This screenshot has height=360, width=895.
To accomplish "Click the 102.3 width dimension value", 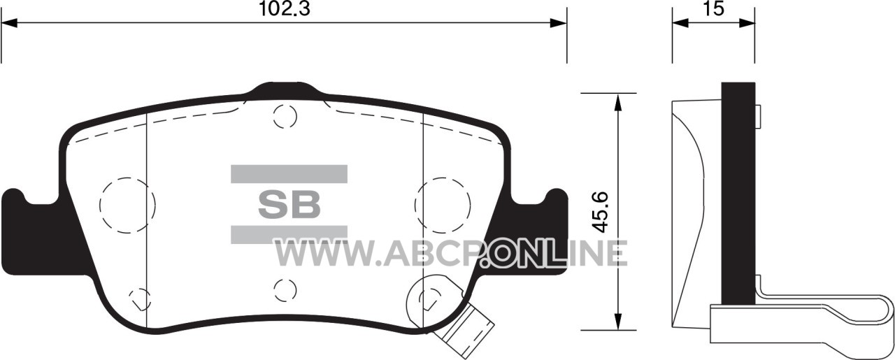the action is click(285, 8).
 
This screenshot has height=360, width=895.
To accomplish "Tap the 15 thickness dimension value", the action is click(713, 8).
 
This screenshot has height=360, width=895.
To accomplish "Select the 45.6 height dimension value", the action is click(600, 212).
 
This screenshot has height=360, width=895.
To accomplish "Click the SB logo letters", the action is click(289, 205).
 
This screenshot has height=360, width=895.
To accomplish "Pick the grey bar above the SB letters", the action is click(289, 174).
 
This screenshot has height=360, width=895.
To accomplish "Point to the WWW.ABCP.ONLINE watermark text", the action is click(450, 252).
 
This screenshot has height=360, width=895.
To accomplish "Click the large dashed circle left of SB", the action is click(127, 206).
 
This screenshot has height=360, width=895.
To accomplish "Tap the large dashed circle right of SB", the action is click(443, 206).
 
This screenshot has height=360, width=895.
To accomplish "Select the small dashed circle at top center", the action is click(285, 116).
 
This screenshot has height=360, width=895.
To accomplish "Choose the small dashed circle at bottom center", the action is click(285, 289).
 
